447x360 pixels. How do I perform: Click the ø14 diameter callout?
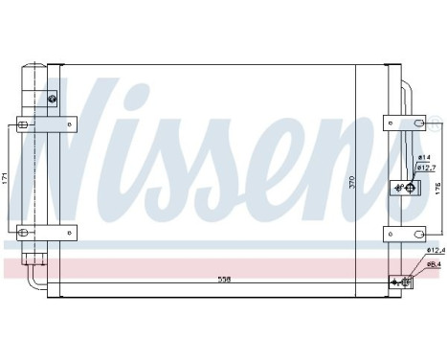coord(424,157)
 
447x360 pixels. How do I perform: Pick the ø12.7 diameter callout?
coord(426,168)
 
